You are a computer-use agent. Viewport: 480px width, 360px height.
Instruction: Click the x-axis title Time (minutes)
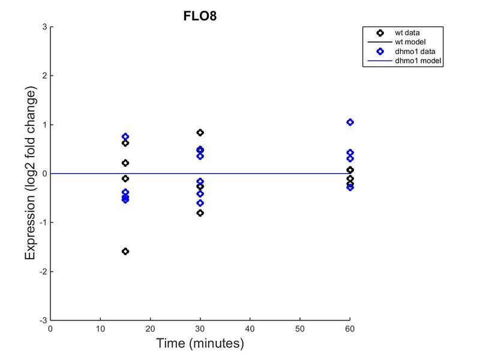200,344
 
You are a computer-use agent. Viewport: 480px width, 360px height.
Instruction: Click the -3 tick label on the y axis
44,320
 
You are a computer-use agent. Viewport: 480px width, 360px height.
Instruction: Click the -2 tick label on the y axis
44,272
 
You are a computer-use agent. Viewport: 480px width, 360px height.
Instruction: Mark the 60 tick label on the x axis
350,329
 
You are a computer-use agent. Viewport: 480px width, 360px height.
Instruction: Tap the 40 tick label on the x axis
250,329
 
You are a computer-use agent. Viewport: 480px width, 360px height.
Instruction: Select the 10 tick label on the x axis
100,329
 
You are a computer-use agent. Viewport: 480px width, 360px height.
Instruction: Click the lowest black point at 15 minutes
125,251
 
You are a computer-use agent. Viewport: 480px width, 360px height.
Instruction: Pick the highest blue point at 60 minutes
350,122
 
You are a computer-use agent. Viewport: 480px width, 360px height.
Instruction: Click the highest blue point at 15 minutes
125,137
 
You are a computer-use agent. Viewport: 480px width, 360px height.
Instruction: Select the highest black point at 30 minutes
200,133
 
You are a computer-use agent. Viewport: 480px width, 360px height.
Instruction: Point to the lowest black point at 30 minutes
200,213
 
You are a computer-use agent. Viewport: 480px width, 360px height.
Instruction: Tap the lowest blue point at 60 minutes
350,187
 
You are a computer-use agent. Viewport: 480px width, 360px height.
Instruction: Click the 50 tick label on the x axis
300,329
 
